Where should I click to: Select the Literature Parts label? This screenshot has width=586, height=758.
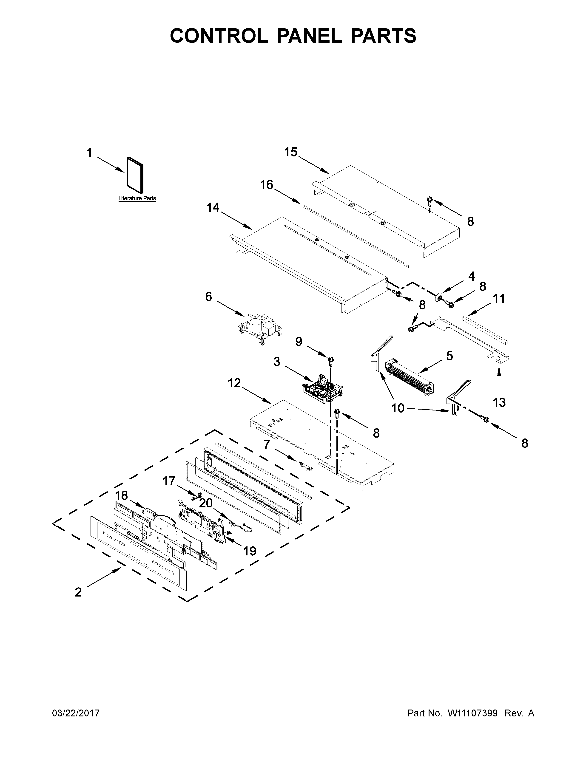[x=137, y=198]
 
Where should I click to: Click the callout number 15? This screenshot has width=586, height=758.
[x=291, y=152]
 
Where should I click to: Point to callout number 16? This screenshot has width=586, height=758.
[x=267, y=185]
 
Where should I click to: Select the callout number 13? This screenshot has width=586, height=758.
[x=499, y=403]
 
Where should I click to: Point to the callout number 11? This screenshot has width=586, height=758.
[x=499, y=298]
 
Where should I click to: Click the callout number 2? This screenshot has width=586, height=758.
[x=78, y=592]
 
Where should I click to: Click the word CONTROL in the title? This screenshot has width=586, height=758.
[x=219, y=36]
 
